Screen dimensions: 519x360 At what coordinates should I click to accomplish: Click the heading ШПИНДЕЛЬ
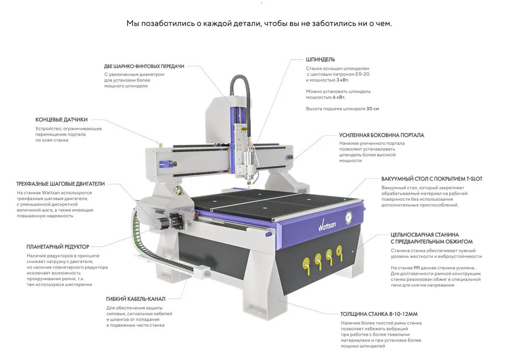tap(320, 59)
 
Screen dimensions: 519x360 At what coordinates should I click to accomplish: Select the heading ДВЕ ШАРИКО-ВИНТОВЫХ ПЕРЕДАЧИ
tap(144, 66)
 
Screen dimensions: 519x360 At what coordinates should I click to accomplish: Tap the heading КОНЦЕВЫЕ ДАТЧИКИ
tap(61, 119)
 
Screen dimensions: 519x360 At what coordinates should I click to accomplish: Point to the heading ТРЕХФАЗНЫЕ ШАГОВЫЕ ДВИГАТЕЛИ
tap(61, 184)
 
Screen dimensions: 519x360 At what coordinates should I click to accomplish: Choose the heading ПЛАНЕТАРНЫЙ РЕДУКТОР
tap(58, 247)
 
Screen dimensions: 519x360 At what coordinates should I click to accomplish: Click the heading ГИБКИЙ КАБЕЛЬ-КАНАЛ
tap(135, 299)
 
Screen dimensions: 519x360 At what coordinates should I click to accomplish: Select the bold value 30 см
tap(372, 109)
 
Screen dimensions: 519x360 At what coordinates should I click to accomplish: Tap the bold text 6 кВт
tap(339, 97)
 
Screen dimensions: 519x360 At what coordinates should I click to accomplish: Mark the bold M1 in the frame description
tap(417, 268)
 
